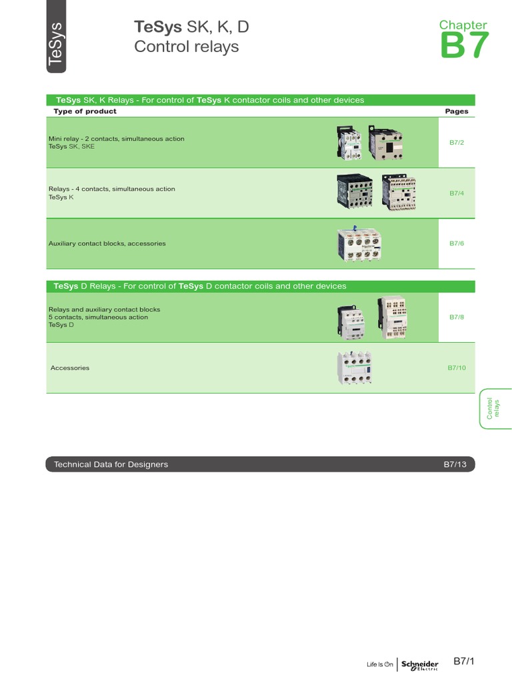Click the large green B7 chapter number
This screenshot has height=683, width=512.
coord(465,46)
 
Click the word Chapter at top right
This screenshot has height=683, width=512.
coord(463,25)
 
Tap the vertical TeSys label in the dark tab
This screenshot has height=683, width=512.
coord(57,44)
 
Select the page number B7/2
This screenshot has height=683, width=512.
coord(456,142)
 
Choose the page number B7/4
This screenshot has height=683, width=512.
coord(456,193)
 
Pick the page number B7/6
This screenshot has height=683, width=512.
coord(456,243)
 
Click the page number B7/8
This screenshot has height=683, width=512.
coord(456,317)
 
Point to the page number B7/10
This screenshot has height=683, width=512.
coord(456,368)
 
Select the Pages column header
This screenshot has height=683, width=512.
coord(457,111)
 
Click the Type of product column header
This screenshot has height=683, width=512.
coord(85,111)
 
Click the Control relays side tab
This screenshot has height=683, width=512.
coord(493,408)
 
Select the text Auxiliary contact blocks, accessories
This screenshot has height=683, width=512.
coord(107,243)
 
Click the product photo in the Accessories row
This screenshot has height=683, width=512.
coord(353,368)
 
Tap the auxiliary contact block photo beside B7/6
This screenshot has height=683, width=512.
coord(361,243)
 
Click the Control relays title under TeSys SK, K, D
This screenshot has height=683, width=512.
coord(186,47)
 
